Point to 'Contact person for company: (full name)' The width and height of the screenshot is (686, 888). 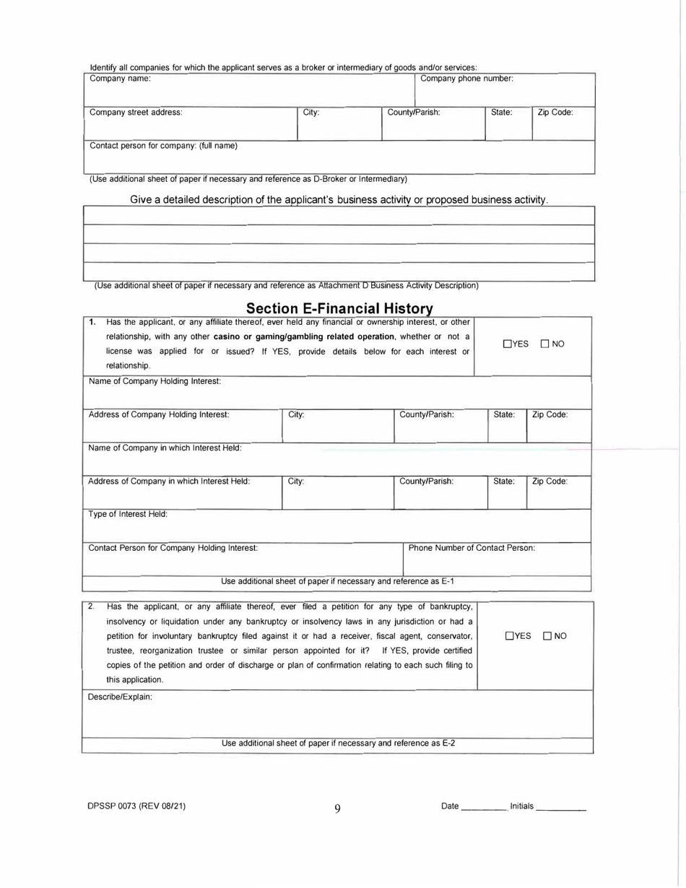(x=163, y=146)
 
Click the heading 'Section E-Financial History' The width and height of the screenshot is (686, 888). (x=339, y=308)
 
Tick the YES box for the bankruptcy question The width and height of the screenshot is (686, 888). (x=509, y=636)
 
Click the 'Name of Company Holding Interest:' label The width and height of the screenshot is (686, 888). (x=154, y=380)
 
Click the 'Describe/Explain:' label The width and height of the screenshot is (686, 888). (x=120, y=697)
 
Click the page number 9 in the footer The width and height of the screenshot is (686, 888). (x=337, y=809)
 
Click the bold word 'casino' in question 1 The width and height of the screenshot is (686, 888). (x=227, y=336)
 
